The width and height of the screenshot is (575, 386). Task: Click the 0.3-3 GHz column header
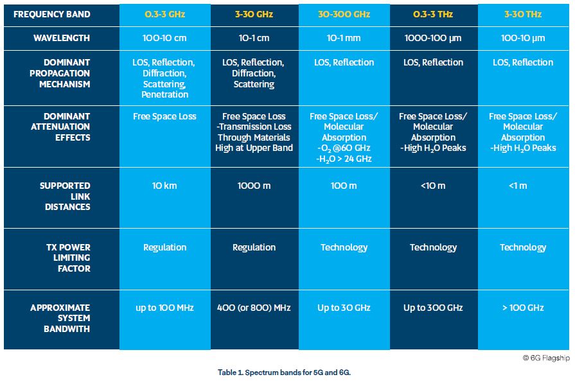tap(164, 14)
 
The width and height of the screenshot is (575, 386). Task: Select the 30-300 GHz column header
tap(344, 14)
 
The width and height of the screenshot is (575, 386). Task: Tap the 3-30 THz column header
tap(523, 14)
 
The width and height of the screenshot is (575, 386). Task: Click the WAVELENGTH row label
tap(62, 38)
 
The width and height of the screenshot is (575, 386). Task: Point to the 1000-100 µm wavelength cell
tap(433, 38)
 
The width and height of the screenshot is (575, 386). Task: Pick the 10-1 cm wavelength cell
tap(254, 38)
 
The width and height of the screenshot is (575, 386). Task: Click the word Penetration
tap(164, 94)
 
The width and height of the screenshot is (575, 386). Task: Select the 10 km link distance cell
tap(164, 186)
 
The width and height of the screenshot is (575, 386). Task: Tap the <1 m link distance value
tap(518, 186)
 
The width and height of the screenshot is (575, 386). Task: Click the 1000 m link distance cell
tap(254, 186)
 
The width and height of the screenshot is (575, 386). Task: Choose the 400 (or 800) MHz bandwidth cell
tap(254, 308)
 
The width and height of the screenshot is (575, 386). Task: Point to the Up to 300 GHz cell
tap(433, 308)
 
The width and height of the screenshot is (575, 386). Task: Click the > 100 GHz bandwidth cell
tap(523, 308)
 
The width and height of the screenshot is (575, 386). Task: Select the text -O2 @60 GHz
tap(344, 148)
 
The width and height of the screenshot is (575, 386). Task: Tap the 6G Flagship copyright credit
tap(546, 358)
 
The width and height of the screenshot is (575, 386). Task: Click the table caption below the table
tap(284, 373)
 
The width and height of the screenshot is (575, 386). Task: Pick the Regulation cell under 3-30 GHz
tap(254, 247)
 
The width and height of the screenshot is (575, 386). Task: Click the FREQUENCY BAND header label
tap(51, 14)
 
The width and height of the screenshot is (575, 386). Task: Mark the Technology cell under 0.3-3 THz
tap(434, 247)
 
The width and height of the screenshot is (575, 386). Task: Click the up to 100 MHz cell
tap(164, 308)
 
